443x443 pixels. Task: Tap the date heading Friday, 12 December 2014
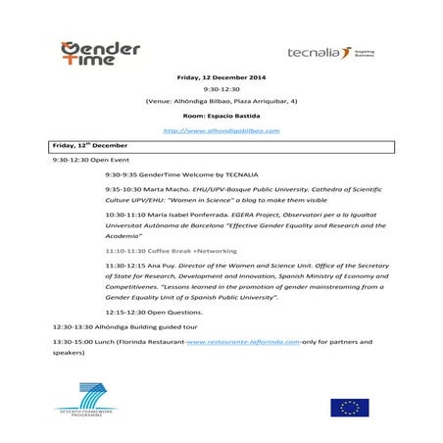coord(221,77)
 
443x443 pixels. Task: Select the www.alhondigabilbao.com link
coord(221,130)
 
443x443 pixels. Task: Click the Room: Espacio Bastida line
coord(221,116)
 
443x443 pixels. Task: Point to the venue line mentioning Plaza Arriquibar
coord(221,101)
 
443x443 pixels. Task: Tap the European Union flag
coord(349,407)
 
